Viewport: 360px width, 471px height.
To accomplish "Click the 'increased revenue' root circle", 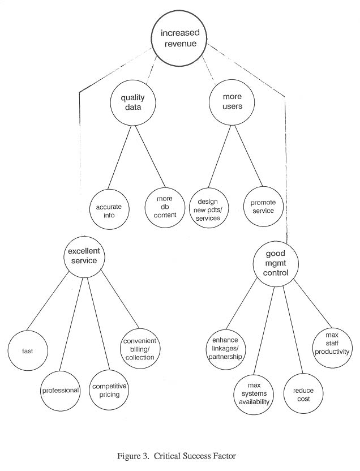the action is [179, 38].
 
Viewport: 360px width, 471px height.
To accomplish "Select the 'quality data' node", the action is [133, 102].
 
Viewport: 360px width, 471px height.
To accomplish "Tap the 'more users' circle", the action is [232, 102].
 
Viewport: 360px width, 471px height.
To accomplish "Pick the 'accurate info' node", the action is [109, 209].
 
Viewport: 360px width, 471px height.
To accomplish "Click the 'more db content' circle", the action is [165, 207].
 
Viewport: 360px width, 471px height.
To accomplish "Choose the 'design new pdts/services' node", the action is [209, 208].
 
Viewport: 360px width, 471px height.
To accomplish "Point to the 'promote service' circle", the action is [263, 207].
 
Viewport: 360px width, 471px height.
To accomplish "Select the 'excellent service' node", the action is [84, 257].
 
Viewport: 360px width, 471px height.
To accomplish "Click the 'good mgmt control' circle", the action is [276, 263].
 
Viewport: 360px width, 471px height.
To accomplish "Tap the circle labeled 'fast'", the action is [28, 350].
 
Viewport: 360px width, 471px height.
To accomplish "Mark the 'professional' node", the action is [61, 391].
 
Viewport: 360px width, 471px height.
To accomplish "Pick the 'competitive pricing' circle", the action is [109, 390].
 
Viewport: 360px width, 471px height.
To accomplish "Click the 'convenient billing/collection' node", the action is [140, 349].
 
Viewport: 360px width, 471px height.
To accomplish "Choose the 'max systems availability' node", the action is [254, 395].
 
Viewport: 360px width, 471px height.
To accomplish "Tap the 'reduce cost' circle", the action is [303, 394].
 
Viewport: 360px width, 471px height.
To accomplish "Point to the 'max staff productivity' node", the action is [332, 347].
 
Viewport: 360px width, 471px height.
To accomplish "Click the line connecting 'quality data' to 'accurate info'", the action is [119, 157].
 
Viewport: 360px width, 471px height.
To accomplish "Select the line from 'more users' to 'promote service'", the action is [249, 156].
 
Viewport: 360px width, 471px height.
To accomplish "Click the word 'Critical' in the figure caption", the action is [167, 456].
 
